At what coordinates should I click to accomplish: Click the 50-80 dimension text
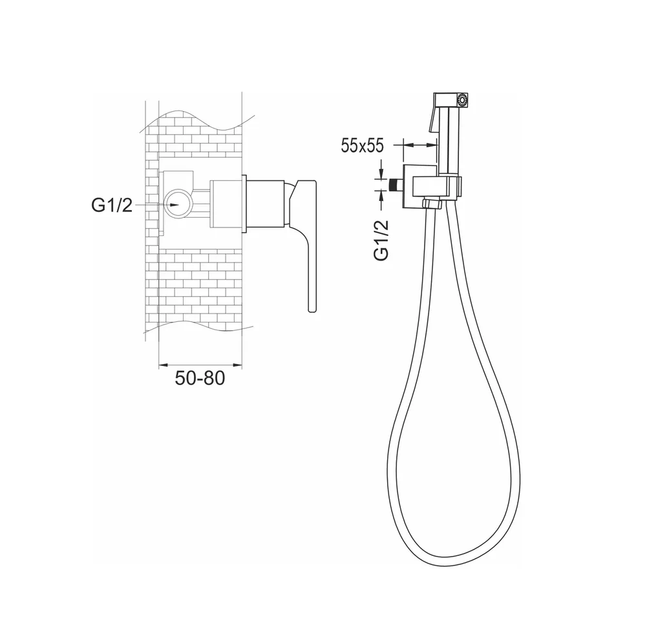click(x=200, y=378)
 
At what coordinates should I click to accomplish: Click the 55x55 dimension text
click(x=363, y=145)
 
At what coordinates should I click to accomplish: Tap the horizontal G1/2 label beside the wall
click(x=112, y=205)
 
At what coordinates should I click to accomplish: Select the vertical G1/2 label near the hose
click(x=381, y=240)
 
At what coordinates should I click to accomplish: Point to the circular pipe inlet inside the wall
click(x=178, y=204)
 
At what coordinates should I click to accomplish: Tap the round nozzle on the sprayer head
click(x=463, y=100)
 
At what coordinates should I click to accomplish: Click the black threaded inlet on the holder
click(x=396, y=184)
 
